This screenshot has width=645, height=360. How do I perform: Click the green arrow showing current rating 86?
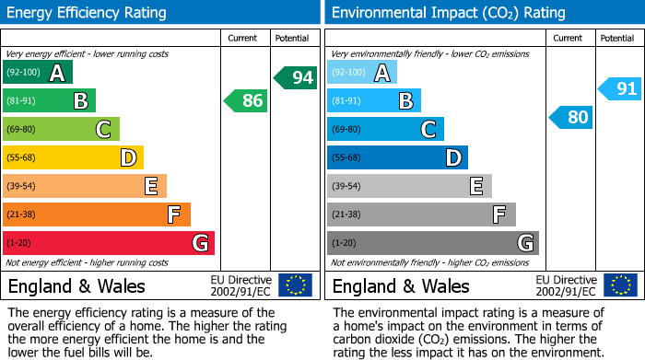coord(246,100)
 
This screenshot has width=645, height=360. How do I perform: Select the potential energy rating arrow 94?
coord(295,77)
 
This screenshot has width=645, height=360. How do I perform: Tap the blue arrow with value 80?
coord(570,117)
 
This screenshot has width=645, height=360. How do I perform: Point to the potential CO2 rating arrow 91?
coord(619,89)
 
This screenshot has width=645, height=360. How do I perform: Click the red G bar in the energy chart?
coord(109,243)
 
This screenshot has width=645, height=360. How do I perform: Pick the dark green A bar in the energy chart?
coord(38,73)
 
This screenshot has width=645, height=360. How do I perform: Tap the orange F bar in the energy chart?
coord(97,215)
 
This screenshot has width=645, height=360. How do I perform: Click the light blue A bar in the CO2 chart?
coord(362,73)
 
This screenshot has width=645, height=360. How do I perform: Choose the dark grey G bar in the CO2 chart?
coord(432,243)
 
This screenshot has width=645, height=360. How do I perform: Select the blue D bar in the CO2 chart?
coord(397,157)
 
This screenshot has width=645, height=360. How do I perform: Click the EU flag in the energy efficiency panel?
coord(295,285)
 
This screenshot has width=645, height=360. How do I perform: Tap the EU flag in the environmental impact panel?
coord(620,285)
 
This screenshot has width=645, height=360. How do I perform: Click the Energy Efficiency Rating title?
coord(88,13)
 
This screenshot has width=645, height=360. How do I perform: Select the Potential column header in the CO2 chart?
coord(617,38)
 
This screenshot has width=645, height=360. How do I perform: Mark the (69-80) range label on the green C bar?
coord(22,130)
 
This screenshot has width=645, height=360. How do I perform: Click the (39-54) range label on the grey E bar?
coord(346,187)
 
